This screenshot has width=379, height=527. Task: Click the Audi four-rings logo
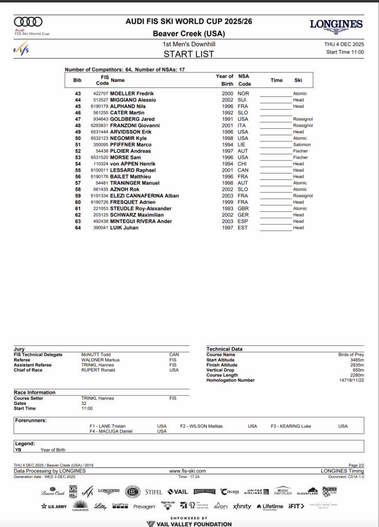coord(28,22)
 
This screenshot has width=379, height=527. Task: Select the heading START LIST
coord(189,54)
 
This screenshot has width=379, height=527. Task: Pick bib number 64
coord(78,227)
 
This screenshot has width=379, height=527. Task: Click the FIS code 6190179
coord(99,107)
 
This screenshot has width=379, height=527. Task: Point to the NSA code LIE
coord(242,145)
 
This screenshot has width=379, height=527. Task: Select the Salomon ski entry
coord(302,145)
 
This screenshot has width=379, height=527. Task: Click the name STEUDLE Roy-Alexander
coord(141,208)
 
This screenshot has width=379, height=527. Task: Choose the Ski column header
coord(298,80)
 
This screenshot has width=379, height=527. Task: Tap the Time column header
coord(277,80)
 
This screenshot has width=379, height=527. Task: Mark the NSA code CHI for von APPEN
coord(243,164)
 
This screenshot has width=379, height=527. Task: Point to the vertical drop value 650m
coord(357,370)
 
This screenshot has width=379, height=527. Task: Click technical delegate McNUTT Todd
coord(96,355)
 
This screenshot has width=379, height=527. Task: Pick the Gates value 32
coord(84,403)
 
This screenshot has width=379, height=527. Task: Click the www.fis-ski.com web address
coord(187,471)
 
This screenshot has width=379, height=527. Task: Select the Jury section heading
coord(19,349)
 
